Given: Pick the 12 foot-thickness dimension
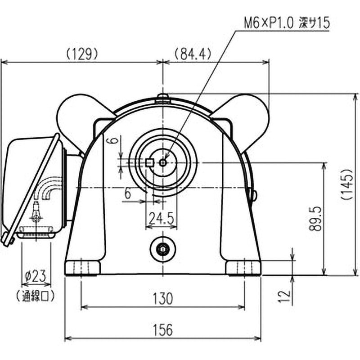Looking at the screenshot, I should coord(283,296).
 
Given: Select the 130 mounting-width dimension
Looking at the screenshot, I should coord(162,298).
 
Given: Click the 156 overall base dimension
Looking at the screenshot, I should coord(162,330).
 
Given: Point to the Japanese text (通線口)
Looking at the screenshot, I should coord(36,296).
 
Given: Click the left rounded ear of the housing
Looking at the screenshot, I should coord(76,118).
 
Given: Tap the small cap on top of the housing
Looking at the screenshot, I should coord(162,98).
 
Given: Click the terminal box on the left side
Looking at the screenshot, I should coord(31,184).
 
